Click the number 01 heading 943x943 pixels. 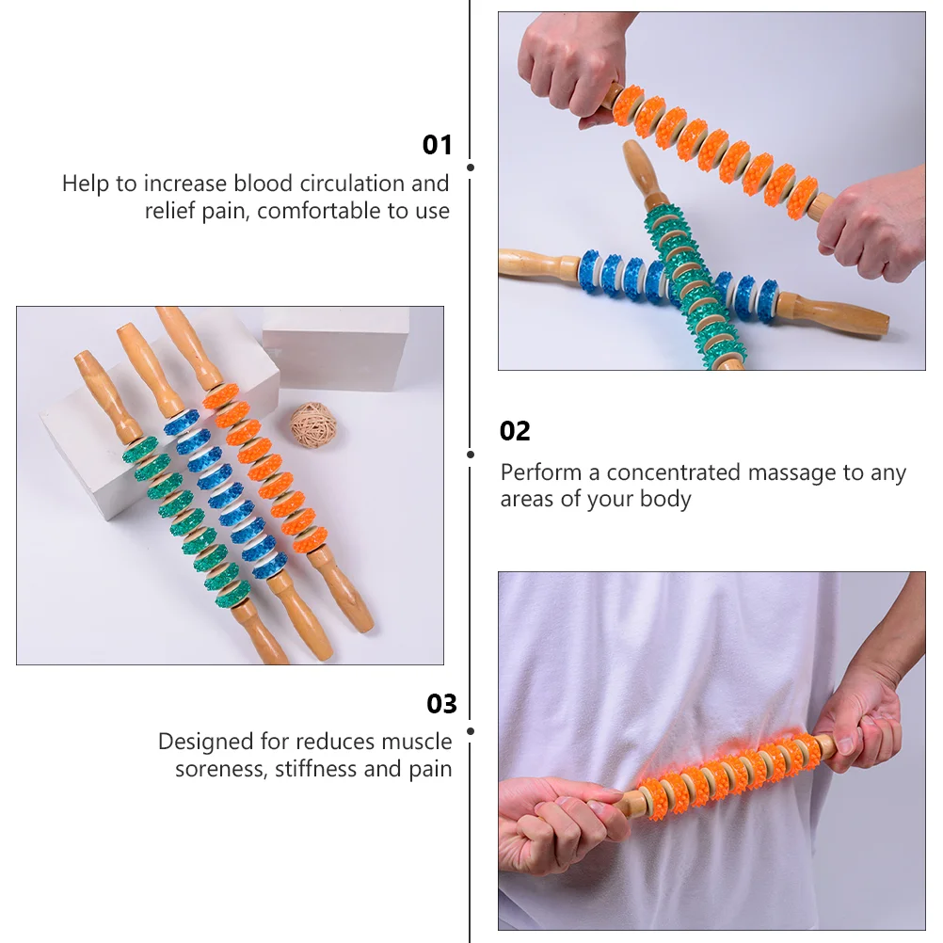[x=437, y=145]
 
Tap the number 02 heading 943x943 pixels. [x=515, y=431]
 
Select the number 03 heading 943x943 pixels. [x=441, y=704]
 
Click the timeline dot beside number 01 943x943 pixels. [x=471, y=168]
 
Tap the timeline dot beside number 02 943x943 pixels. [x=471, y=454]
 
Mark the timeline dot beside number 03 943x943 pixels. [x=471, y=730]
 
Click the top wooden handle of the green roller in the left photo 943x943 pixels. [x=106, y=394]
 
